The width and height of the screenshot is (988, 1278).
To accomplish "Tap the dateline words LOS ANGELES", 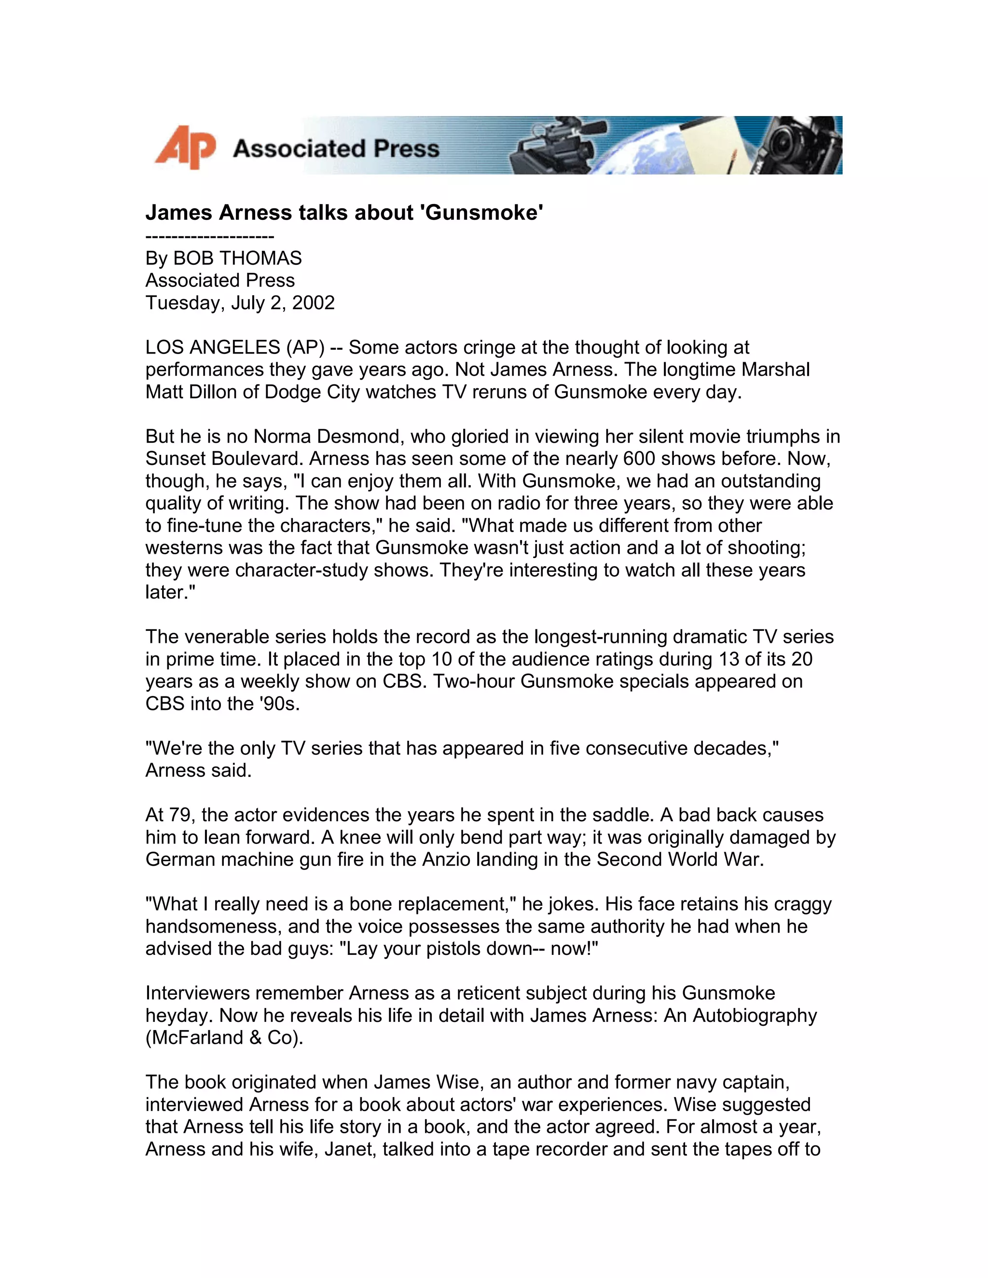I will pos(213,347).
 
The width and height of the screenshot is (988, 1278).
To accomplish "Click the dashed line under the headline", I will pos(209,236).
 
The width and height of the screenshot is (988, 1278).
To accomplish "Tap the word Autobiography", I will pos(755,1015).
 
